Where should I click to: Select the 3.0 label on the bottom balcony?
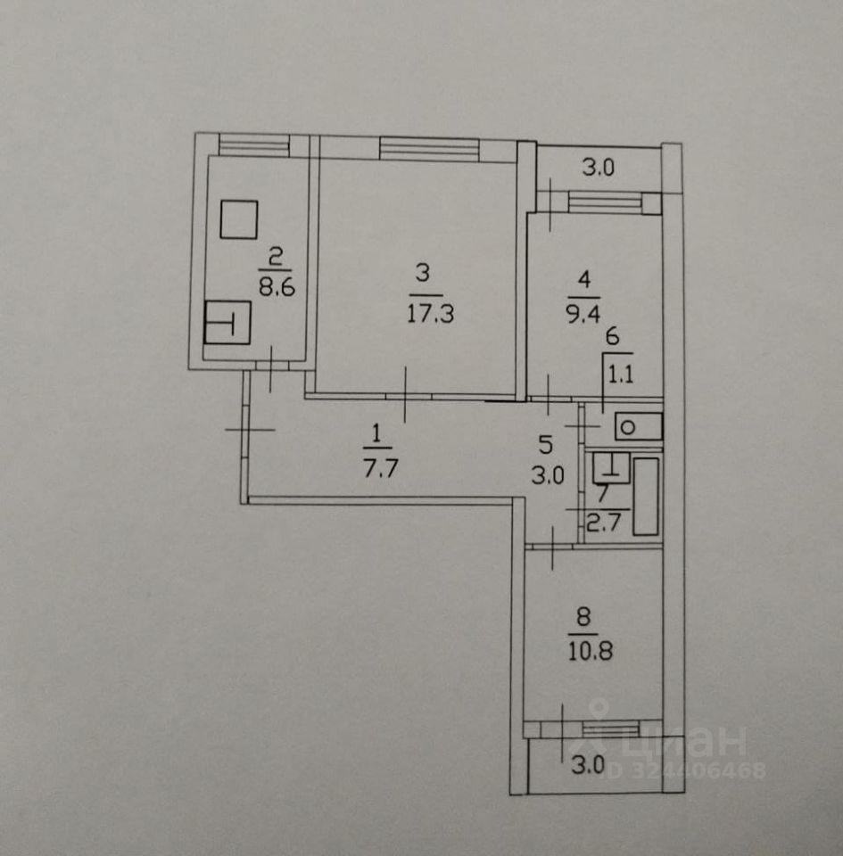pos(588,765)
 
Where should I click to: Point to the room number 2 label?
pos(274,259)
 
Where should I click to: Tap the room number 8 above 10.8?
pos(583,616)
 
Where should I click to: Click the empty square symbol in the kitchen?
pos(238,219)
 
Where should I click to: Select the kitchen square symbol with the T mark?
pos(227,322)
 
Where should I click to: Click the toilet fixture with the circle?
pos(637,427)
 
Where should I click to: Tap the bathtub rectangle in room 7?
pos(646,497)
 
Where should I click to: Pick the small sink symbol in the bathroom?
pos(610,466)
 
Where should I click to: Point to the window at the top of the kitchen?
pos(253,144)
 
